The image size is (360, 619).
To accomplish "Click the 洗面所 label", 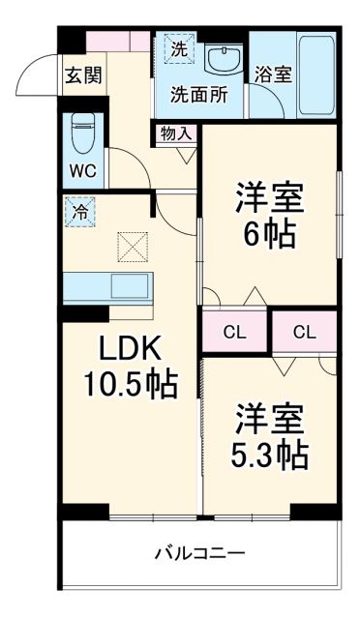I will click(x=198, y=95).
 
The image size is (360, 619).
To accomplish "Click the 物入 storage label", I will click(x=174, y=133).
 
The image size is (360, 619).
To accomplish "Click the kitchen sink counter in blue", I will click(x=106, y=287).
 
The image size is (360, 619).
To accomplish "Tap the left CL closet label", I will click(x=234, y=333).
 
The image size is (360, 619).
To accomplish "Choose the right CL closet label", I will click(x=304, y=333).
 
